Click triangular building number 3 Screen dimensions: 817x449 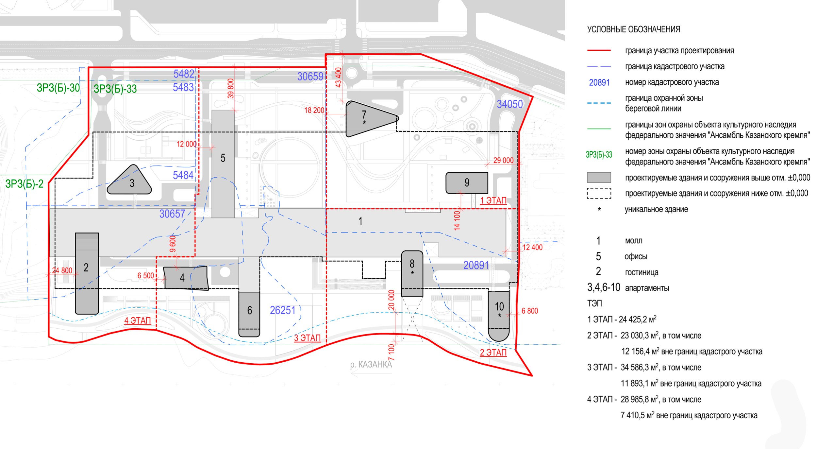pyautogui.click(x=130, y=182)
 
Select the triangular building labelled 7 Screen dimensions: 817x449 pyautogui.click(x=368, y=118)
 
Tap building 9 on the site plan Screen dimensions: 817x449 pyautogui.click(x=467, y=183)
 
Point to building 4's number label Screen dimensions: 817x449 pyautogui.click(x=182, y=278)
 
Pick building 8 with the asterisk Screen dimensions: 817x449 pyautogui.click(x=412, y=273)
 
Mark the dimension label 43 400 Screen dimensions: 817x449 pyautogui.click(x=338, y=77)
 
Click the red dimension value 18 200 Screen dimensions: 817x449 pyautogui.click(x=314, y=111)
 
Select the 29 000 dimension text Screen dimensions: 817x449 pyautogui.click(x=503, y=160)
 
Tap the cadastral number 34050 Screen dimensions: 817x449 pyautogui.click(x=509, y=104)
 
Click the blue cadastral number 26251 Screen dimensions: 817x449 pyautogui.click(x=282, y=310)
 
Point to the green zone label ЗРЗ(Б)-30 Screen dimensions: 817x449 pyautogui.click(x=58, y=88)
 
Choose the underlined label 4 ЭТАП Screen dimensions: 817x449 pyautogui.click(x=138, y=320)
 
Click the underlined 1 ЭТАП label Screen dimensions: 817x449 pyautogui.click(x=493, y=200)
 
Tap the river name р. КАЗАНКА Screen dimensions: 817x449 pyautogui.click(x=371, y=364)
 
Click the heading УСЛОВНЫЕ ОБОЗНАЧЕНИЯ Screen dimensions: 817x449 pyautogui.click(x=634, y=29)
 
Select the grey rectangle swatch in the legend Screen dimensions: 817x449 pyautogui.click(x=599, y=178)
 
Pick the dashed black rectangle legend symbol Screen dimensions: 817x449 pyautogui.click(x=599, y=193)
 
